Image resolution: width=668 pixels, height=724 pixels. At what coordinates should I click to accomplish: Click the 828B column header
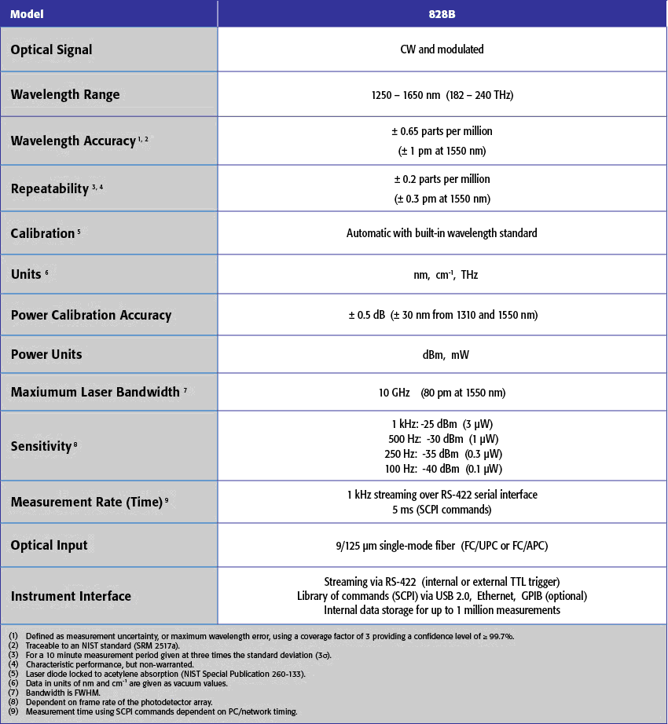click(442, 13)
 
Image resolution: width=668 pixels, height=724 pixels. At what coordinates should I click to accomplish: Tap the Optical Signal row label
click(51, 49)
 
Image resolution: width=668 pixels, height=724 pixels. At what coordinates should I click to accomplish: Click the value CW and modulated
click(442, 49)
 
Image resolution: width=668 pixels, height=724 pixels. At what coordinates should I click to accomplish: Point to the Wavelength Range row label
click(65, 94)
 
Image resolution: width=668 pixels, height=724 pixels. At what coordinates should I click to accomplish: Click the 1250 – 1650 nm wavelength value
click(442, 95)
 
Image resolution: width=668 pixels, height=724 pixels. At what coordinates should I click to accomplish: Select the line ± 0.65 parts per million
click(442, 131)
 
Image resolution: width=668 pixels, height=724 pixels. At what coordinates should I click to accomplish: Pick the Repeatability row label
click(50, 188)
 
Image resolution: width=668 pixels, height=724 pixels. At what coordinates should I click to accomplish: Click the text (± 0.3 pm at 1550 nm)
click(442, 199)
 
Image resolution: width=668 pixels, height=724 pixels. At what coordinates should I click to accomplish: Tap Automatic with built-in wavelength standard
click(442, 233)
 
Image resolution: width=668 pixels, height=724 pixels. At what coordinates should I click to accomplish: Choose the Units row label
click(26, 276)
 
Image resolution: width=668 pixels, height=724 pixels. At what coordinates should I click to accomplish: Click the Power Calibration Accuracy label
click(90, 315)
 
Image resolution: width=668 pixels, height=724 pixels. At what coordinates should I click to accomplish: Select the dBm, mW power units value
click(442, 354)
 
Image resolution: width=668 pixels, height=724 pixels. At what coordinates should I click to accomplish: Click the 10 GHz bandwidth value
click(394, 392)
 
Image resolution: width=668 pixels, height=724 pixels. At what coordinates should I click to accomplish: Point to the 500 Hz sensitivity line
click(442, 439)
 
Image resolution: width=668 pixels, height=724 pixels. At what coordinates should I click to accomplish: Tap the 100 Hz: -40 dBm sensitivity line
click(442, 469)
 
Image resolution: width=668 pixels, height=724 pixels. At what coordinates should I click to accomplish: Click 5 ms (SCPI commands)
click(442, 510)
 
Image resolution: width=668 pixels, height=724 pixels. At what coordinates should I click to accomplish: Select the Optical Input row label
click(49, 545)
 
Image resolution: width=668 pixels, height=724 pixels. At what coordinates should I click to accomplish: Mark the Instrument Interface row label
click(71, 596)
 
